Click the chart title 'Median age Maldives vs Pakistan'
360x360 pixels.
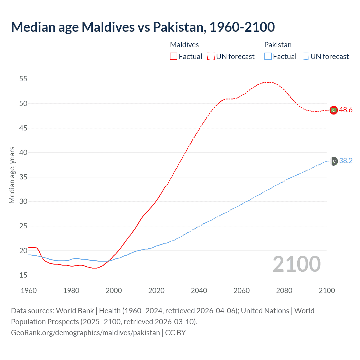coord(143,27)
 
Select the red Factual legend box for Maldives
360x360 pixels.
coord(174,57)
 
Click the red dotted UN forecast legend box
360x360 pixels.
coord(211,57)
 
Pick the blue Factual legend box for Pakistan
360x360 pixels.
coord(268,57)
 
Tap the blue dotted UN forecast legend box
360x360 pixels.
coord(305,57)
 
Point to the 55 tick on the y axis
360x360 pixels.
coord(23,79)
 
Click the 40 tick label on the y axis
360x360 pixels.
coord(23,153)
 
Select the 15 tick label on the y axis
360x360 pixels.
coord(23,275)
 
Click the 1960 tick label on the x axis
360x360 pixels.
coord(29,291)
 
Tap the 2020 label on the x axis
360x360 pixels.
coord(156,291)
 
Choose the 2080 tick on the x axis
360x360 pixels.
coord(284,291)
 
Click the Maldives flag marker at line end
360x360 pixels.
coord(334,110)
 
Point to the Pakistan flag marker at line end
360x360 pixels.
coord(334,161)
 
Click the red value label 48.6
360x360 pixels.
coord(346,110)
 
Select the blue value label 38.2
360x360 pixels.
coord(346,161)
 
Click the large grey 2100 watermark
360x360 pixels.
coord(296,264)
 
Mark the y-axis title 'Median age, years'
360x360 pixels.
coord(12,175)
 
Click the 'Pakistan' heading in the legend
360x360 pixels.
coord(278,45)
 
